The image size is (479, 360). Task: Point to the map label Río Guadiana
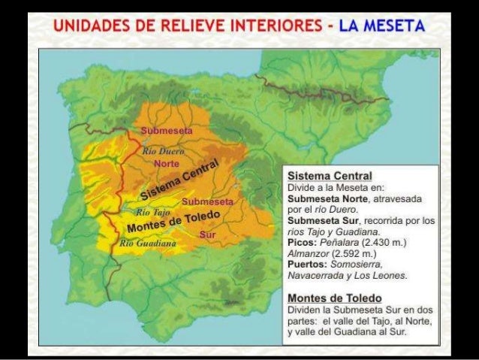coord(148,244)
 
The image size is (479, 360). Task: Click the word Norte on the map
coord(165,164)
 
